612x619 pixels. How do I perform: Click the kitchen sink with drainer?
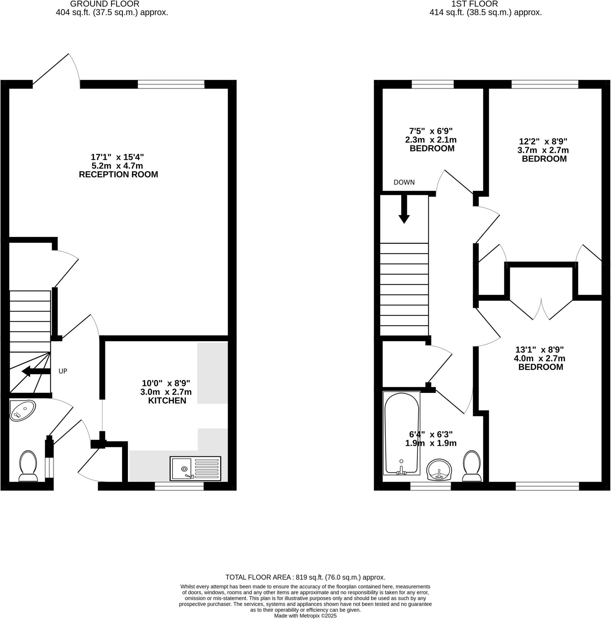(195, 468)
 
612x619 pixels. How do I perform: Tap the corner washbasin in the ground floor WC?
(22, 410)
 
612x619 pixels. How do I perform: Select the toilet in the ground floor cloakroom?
(28, 466)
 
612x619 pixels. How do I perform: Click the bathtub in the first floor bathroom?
(401, 433)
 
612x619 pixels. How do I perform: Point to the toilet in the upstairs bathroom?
(472, 466)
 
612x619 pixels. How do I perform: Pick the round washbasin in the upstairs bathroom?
(439, 470)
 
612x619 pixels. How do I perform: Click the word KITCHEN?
(167, 400)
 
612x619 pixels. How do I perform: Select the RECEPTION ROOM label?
(118, 175)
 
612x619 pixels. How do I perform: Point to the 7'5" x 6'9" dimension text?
(431, 131)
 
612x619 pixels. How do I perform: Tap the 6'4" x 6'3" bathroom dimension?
(431, 434)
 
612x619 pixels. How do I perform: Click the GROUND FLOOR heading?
(105, 4)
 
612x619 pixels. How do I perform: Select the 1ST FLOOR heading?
(474, 4)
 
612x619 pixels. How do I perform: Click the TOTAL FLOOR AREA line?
(305, 577)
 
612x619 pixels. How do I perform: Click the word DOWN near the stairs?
(404, 182)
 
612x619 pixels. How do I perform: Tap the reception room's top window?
(171, 84)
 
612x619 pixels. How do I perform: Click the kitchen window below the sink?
(179, 486)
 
